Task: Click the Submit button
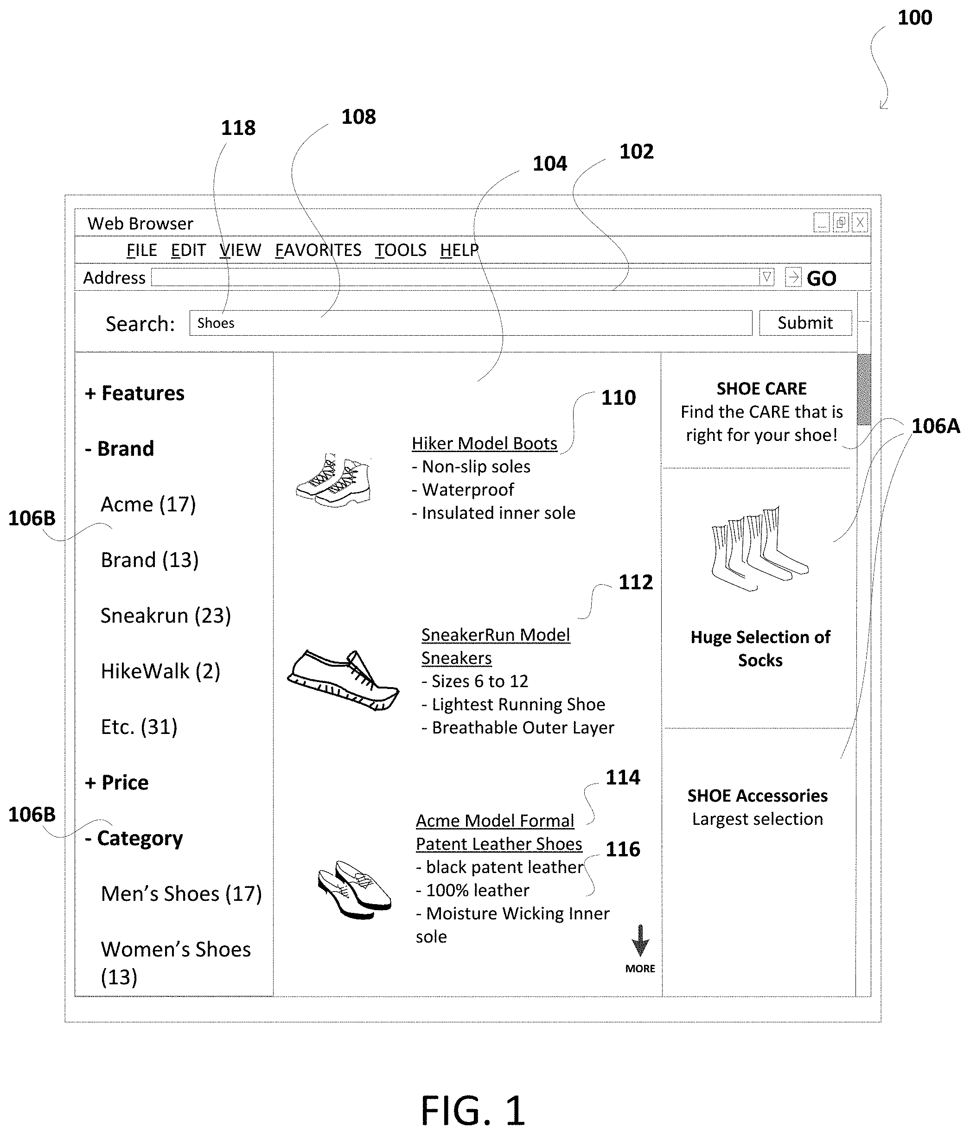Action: point(804,323)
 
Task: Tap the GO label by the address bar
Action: point(821,278)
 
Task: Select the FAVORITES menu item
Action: point(318,250)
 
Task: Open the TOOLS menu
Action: point(400,250)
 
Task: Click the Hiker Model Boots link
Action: point(484,443)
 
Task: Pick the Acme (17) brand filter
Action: point(148,504)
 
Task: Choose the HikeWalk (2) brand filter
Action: point(160,671)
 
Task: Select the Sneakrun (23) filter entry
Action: point(166,616)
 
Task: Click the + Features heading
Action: point(135,393)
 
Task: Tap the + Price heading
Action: point(117,782)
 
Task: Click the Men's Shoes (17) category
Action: point(181,893)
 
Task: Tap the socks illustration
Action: point(759,549)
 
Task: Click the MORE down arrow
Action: point(640,941)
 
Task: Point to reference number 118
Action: point(238,128)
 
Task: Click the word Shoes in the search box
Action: point(216,323)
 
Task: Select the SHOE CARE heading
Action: point(761,389)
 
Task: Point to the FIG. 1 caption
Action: point(472,1110)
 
